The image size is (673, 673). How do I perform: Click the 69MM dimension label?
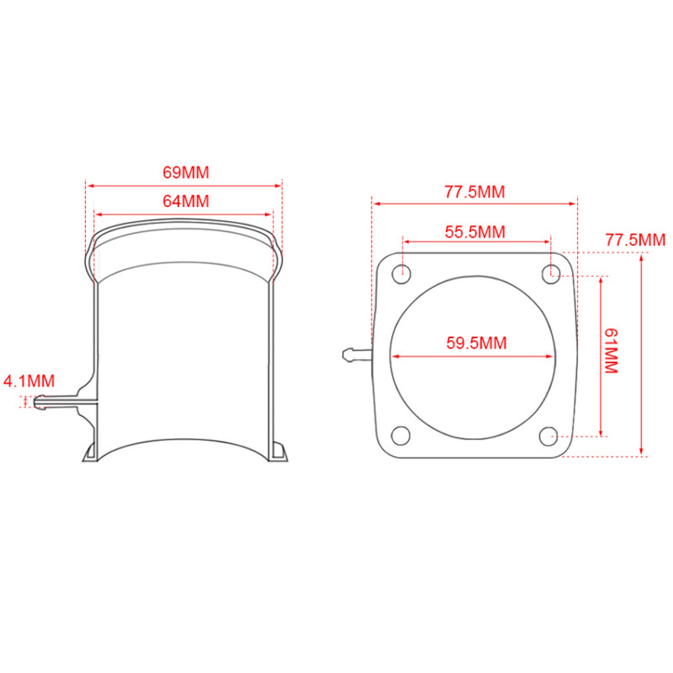point(186,172)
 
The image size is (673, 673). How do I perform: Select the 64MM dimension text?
point(186,201)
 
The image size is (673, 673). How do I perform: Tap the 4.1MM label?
point(29,381)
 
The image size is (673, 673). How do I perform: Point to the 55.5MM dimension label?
point(475,232)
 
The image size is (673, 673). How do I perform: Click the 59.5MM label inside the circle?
point(476,343)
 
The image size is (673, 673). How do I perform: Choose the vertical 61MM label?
point(611,351)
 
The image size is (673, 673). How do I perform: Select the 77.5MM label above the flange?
point(475,192)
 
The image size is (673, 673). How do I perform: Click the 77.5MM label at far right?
point(635,240)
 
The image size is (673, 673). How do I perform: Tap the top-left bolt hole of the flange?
point(402,274)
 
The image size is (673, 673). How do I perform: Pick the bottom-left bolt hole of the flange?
point(401,436)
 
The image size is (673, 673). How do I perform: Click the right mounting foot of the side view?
point(278,452)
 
